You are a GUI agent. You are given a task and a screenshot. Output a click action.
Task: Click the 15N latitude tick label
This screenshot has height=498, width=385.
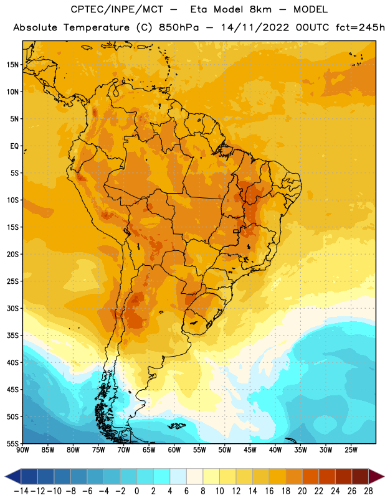click(x=12, y=65)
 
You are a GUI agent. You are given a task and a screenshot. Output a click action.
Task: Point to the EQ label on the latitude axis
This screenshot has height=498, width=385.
click(x=14, y=146)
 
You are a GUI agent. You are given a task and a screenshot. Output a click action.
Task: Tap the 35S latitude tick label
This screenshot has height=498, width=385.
click(x=12, y=336)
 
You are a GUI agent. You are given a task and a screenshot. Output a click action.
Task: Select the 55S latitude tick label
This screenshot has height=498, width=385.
click(x=12, y=444)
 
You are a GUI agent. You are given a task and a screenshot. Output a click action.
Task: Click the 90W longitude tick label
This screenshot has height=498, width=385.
click(x=22, y=450)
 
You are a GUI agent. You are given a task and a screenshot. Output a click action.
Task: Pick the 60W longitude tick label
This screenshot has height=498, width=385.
click(x=174, y=450)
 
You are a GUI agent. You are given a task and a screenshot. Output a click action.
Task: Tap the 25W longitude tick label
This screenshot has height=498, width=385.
click(x=351, y=450)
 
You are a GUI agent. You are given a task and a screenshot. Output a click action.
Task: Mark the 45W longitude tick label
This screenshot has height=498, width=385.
click(x=250, y=450)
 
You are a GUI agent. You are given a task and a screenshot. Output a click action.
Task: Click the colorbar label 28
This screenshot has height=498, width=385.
click(x=368, y=491)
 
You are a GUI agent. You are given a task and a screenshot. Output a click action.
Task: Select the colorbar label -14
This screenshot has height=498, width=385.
click(x=21, y=491)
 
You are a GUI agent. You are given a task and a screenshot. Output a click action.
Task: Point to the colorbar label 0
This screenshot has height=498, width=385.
click(x=136, y=491)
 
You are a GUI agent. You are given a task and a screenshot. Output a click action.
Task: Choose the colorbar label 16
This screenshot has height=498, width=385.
click(x=269, y=491)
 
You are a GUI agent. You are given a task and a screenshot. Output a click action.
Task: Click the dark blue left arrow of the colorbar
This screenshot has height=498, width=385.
click(x=13, y=476)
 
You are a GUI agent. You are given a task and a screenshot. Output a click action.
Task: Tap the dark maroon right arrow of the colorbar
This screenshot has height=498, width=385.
click(x=376, y=476)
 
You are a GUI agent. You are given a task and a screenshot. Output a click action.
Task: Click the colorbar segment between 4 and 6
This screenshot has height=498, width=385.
click(x=178, y=476)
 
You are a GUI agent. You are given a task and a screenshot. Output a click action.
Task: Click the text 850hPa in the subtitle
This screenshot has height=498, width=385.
click(x=179, y=27)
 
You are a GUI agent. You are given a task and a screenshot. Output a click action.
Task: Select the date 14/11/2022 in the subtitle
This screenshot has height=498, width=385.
click(x=255, y=27)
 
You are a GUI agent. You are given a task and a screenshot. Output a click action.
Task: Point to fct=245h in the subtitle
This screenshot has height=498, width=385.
click(x=360, y=27)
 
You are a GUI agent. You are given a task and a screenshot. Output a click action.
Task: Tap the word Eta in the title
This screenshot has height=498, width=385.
click(x=198, y=9)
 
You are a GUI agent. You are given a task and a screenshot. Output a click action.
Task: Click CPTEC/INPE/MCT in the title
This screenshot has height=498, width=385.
click(x=116, y=9)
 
